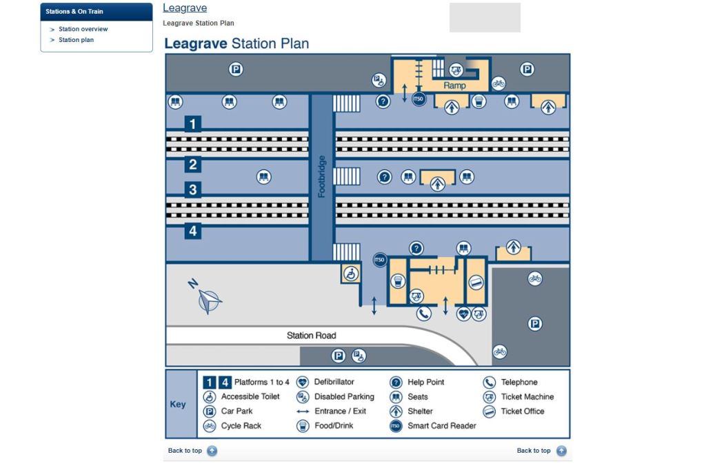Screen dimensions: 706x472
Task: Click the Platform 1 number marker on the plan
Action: [193, 124]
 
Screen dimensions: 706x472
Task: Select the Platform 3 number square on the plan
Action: [193, 189]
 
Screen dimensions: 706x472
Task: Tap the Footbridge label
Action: [321, 176]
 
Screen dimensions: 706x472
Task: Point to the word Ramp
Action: [454, 85]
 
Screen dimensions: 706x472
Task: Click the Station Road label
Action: [312, 336]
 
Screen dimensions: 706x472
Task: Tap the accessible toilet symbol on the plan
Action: [351, 274]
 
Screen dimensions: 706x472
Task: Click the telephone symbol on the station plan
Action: [423, 314]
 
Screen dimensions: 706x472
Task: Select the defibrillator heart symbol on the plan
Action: [464, 314]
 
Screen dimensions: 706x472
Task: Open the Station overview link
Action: [83, 29]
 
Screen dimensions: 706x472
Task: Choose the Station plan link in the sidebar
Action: [76, 40]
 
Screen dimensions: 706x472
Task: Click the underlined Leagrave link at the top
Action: [185, 8]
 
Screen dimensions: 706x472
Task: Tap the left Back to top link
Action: [185, 451]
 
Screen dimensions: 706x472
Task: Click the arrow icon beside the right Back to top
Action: [561, 451]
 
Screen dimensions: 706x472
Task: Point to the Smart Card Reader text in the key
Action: [441, 426]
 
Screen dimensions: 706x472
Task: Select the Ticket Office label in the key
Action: [522, 411]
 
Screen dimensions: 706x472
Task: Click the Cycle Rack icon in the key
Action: [210, 426]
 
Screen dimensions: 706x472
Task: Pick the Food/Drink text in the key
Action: [334, 426]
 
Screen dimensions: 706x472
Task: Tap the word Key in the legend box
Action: [178, 404]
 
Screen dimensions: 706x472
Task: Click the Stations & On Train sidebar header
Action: [74, 12]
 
